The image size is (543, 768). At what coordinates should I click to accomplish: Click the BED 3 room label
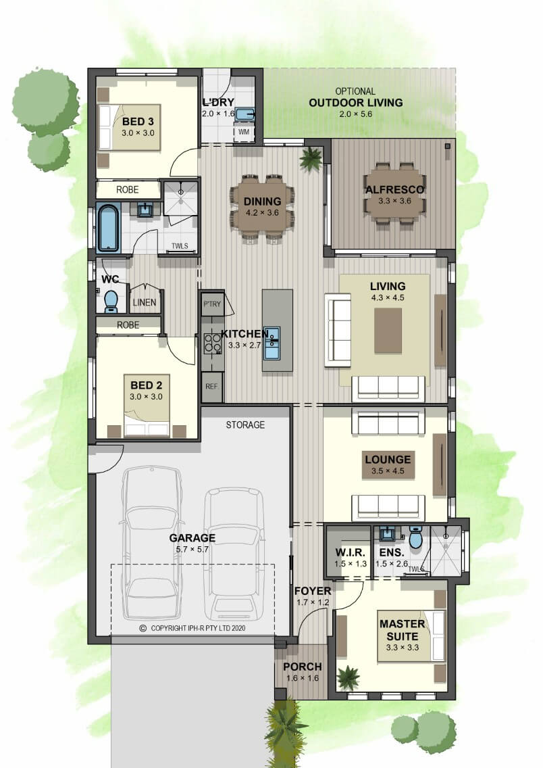(138, 122)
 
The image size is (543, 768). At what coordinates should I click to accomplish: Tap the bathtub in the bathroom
(108, 229)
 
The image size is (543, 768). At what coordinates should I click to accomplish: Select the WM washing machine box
(244, 133)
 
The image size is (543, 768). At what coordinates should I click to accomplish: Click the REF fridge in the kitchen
(212, 387)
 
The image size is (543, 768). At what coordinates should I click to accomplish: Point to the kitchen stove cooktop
(212, 342)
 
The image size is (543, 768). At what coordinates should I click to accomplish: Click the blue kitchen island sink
(271, 343)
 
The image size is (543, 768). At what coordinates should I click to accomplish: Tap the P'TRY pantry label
(212, 304)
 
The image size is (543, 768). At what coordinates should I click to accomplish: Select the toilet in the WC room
(111, 302)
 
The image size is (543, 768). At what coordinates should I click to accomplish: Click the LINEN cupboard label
(145, 303)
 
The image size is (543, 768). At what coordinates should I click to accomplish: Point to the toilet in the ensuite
(415, 537)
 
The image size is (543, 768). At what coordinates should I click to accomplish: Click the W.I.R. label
(351, 553)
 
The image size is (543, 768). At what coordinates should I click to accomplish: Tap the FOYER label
(313, 592)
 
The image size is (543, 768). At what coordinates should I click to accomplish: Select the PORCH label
(303, 667)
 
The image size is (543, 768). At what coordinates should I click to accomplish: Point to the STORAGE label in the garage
(245, 425)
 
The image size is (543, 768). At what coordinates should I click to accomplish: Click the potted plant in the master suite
(348, 677)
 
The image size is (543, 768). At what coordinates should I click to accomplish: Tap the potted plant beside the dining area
(311, 158)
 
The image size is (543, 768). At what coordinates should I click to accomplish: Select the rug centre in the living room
(388, 331)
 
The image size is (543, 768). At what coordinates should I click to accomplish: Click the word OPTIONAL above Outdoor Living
(356, 91)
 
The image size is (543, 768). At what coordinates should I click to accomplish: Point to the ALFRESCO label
(395, 190)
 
